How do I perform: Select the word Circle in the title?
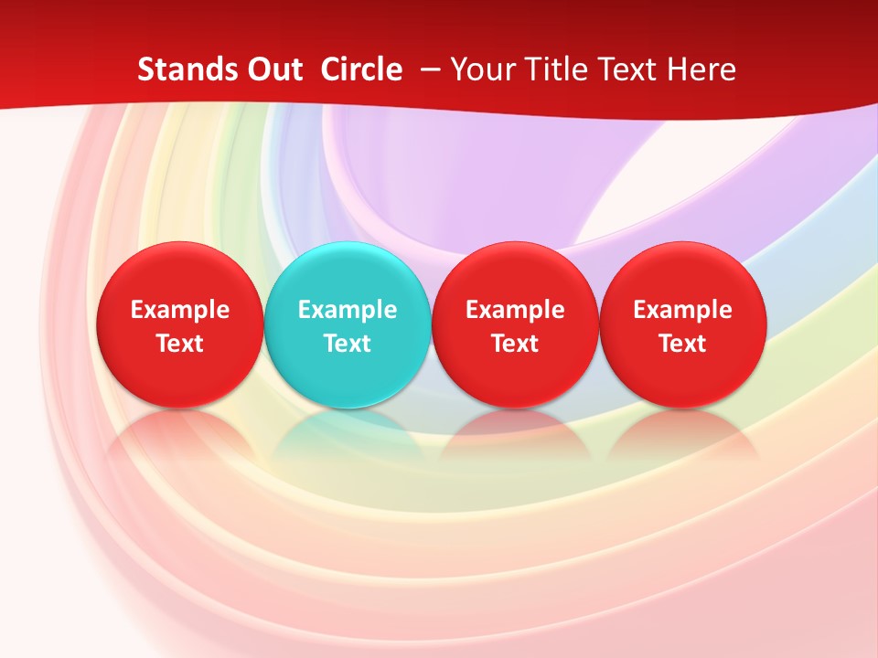(361, 69)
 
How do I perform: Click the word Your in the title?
(481, 69)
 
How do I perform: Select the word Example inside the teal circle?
(348, 310)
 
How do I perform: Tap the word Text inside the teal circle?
(348, 344)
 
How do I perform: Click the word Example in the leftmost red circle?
(179, 310)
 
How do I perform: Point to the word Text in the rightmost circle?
(682, 344)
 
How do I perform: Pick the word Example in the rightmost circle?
(682, 310)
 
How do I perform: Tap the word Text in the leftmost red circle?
(179, 344)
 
